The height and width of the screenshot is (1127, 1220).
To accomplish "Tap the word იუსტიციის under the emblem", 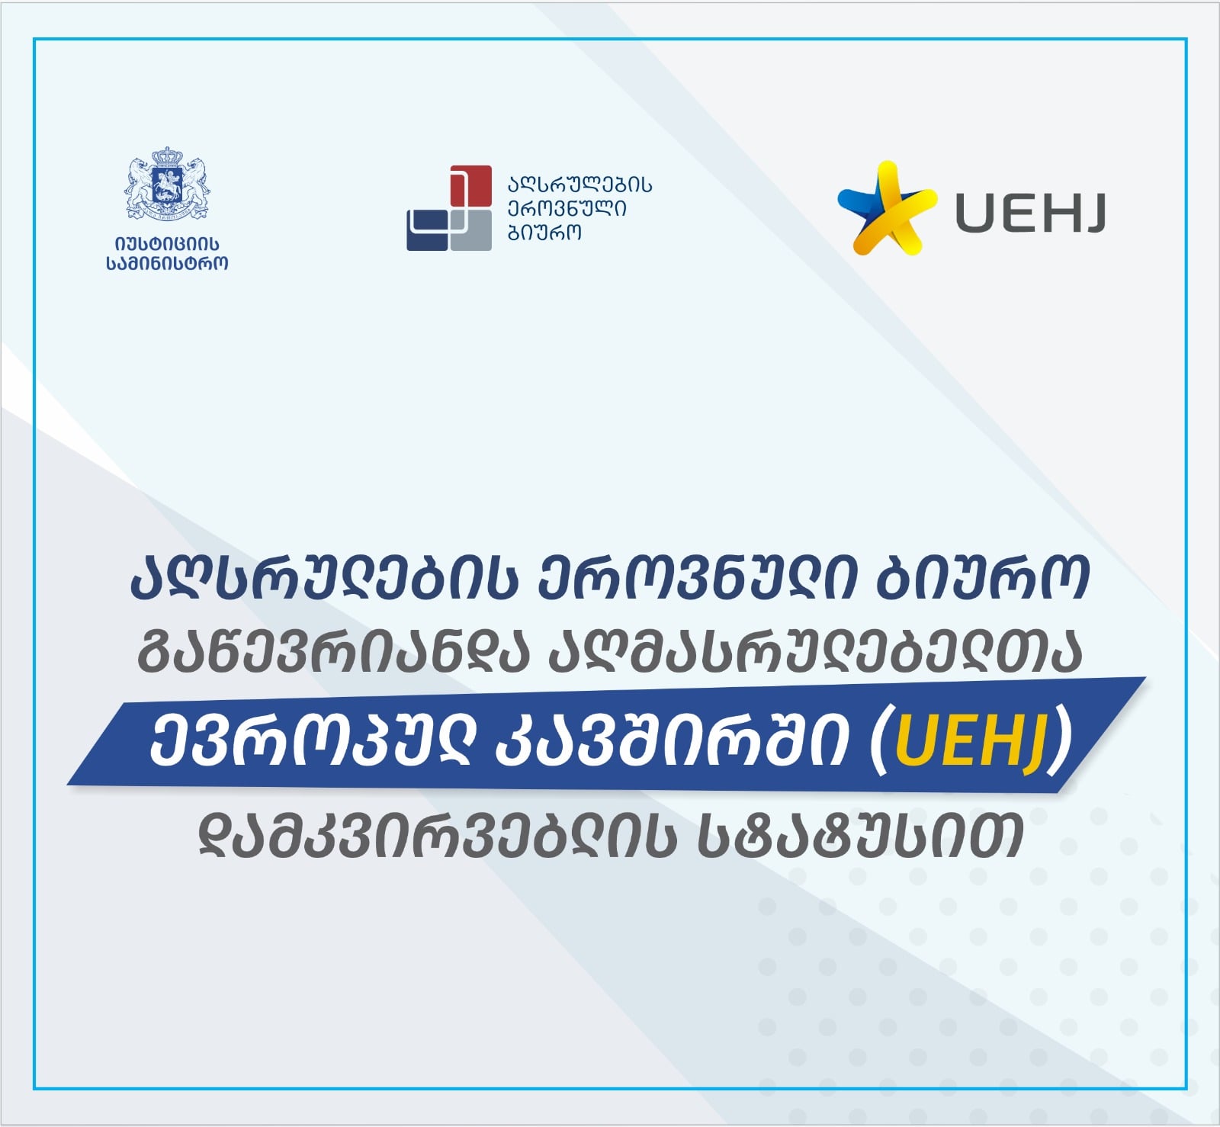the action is tap(167, 244).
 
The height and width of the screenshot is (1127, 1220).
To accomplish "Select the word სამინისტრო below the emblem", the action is tap(167, 264).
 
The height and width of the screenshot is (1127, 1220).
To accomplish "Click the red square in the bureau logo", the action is tap(470, 186).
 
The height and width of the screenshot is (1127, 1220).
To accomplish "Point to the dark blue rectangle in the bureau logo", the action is tap(427, 230).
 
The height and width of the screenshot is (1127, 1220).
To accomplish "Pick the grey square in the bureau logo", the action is tap(470, 230).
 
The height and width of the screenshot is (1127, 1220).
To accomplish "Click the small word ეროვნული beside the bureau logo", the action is tap(567, 208).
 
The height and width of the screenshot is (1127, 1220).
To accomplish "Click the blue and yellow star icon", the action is tap(887, 207).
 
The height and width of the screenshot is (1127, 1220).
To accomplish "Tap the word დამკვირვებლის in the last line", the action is tap(438, 836).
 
